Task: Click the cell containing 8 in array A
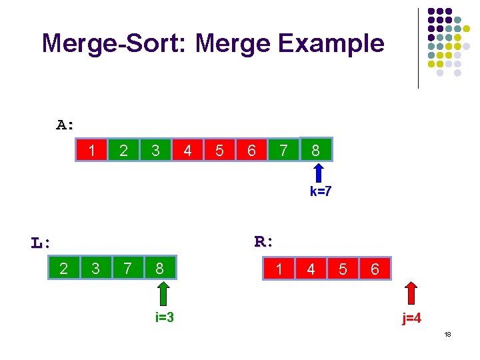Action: [x=315, y=151]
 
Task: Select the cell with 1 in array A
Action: [x=91, y=151]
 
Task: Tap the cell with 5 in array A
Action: [x=219, y=151]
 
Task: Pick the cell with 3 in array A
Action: [x=155, y=151]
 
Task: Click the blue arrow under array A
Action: [x=319, y=174]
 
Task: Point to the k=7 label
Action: [x=321, y=192]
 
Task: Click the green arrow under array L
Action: [x=164, y=293]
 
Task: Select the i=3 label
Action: [x=164, y=317]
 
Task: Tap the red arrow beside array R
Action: [x=412, y=293]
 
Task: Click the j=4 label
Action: [x=411, y=319]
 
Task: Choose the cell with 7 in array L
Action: [x=127, y=269]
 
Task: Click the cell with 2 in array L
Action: [x=63, y=269]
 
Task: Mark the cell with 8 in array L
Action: [x=159, y=269]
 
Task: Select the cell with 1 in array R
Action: [x=279, y=269]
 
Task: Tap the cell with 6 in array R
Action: [x=375, y=269]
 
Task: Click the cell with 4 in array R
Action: [x=311, y=269]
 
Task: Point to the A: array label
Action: [x=65, y=125]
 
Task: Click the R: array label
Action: [x=265, y=241]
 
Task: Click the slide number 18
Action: [x=447, y=334]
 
